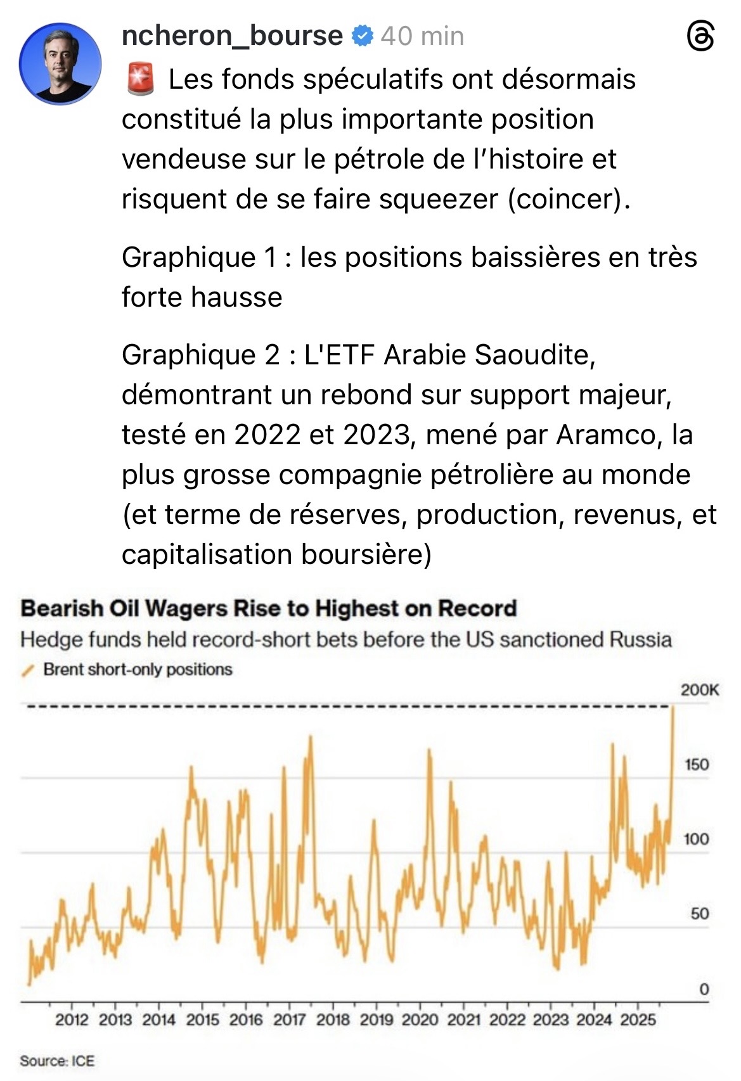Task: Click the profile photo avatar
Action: click(x=60, y=64)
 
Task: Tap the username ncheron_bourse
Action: click(x=232, y=35)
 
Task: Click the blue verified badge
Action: click(x=362, y=36)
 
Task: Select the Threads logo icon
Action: click(x=700, y=37)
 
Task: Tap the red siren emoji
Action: click(x=140, y=80)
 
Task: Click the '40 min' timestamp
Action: click(x=422, y=36)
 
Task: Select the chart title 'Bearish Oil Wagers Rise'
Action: click(x=268, y=608)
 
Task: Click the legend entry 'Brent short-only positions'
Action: click(x=138, y=669)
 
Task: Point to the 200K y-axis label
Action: click(x=700, y=690)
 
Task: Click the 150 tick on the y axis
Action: click(x=696, y=764)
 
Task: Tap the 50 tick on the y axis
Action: click(x=699, y=914)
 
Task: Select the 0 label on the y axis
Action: click(x=704, y=988)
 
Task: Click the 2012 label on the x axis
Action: click(x=72, y=1020)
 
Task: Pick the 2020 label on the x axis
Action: click(x=420, y=1020)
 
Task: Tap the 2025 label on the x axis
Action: click(x=638, y=1020)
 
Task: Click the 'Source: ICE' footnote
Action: click(x=57, y=1061)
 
